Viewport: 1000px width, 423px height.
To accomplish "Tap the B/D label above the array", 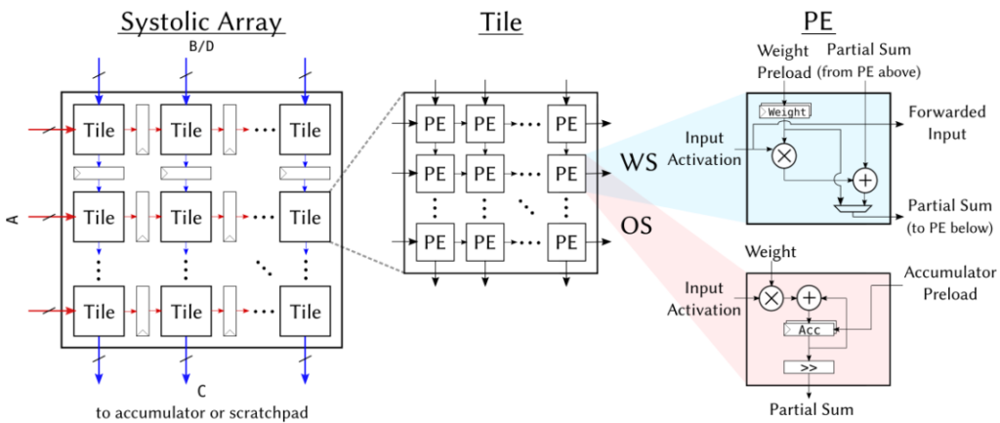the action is [x=201, y=46].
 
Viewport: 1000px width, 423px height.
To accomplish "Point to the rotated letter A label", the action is [x=11, y=219].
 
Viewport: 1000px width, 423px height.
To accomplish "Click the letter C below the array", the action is [x=202, y=392].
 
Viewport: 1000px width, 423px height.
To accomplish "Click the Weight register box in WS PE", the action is [x=786, y=111].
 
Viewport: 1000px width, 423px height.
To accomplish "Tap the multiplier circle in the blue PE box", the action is [x=782, y=155].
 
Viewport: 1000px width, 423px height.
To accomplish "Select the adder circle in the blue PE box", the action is [x=865, y=183].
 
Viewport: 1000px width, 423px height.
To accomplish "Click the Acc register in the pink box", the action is [x=809, y=329].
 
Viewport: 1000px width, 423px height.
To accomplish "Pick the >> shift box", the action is [x=809, y=367].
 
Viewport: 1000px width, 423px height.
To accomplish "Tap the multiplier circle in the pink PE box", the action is [x=771, y=297].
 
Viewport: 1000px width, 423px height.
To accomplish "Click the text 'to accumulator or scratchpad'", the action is [x=202, y=412].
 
